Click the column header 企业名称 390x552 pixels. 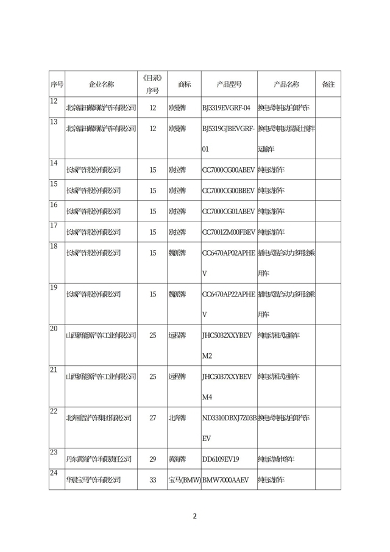[x=101, y=84]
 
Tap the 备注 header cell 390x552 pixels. [x=328, y=84]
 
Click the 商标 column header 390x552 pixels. [x=184, y=84]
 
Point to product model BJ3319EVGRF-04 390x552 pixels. [x=226, y=108]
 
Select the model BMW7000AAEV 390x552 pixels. [x=225, y=479]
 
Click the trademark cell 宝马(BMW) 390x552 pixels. [x=184, y=479]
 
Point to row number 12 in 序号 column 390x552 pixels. [x=54, y=101]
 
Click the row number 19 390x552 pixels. [x=54, y=287]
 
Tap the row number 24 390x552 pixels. [x=54, y=473]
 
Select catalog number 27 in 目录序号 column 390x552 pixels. [x=153, y=418]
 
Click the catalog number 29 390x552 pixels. [x=153, y=459]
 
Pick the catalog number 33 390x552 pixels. [x=153, y=479]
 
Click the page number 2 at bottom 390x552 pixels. [x=195, y=516]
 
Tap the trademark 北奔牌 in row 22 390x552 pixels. [x=178, y=418]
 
